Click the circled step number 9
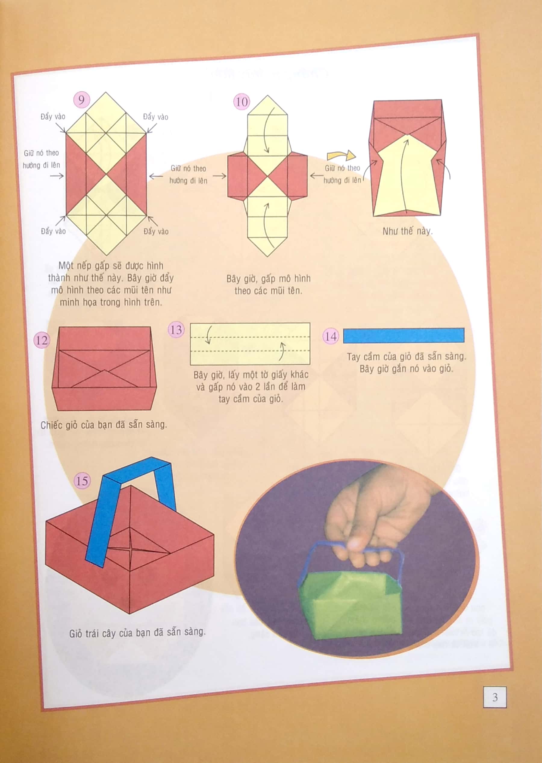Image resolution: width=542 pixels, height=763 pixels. [x=81, y=99]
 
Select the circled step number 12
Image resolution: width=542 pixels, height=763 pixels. [x=42, y=340]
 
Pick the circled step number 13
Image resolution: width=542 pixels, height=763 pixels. [x=176, y=330]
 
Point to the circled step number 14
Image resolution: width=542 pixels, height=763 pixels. [x=330, y=336]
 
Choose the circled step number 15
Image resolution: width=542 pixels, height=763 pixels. [x=82, y=481]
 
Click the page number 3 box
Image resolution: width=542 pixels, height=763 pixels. [x=495, y=697]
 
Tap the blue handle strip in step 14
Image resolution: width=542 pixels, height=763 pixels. [x=403, y=335]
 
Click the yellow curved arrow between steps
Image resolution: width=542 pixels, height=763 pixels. [x=341, y=155]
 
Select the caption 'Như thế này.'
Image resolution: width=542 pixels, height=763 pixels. [x=407, y=231]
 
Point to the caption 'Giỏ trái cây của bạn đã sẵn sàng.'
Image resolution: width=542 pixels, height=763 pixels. [x=137, y=633]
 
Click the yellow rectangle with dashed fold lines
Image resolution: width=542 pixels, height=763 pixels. [x=250, y=344]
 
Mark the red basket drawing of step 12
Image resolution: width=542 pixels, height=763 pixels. [x=104, y=369]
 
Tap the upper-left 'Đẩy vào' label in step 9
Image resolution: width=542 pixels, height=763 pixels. [x=53, y=117]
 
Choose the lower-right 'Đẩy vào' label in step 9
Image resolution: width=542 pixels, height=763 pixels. [x=156, y=231]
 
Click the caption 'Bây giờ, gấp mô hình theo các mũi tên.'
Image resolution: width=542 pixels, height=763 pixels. [x=268, y=284]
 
